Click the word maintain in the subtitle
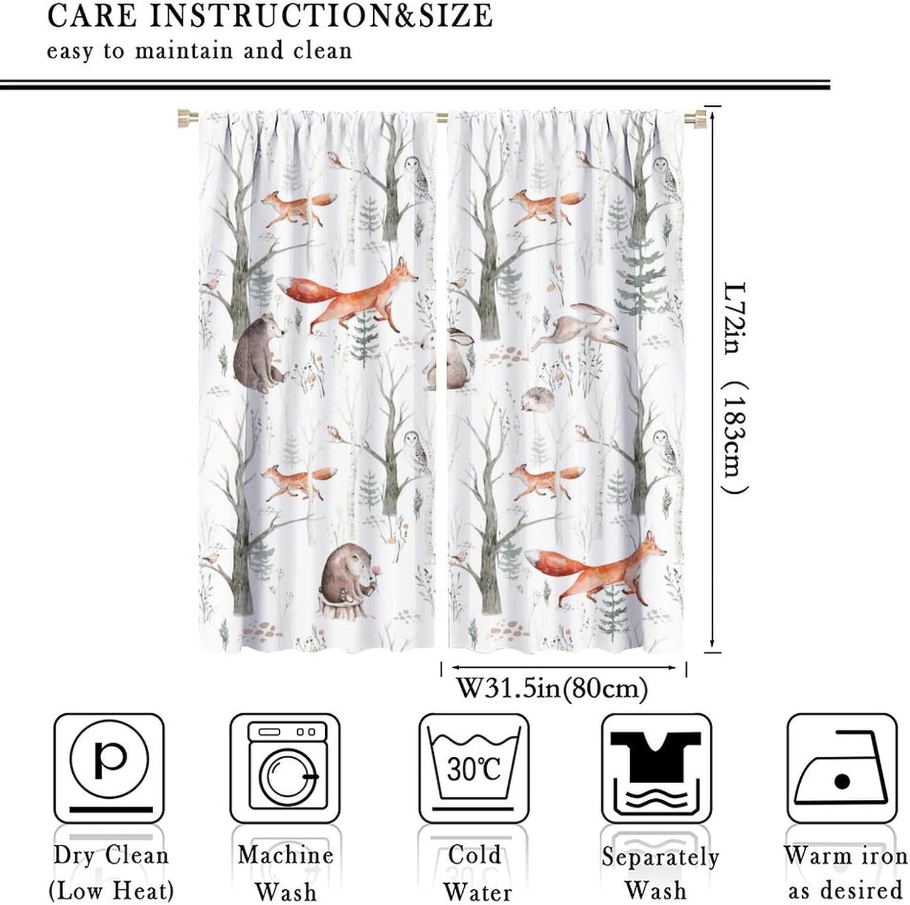click(184, 51)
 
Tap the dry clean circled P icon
click(109, 768)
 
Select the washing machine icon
click(285, 768)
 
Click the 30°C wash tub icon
click(474, 768)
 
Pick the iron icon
click(841, 768)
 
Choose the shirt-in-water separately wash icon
click(656, 768)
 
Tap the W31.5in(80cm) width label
click(551, 688)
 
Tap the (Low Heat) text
click(111, 891)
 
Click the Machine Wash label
click(286, 873)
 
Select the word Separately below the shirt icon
click(660, 857)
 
